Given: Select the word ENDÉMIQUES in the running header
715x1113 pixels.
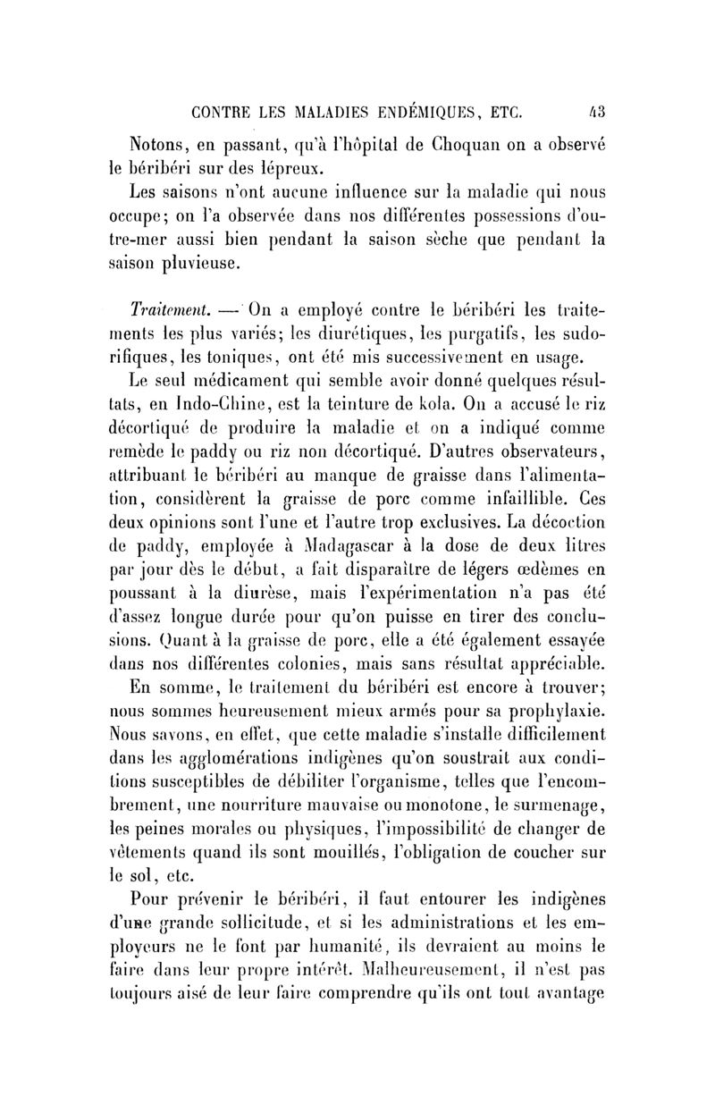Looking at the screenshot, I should tap(416, 114).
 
